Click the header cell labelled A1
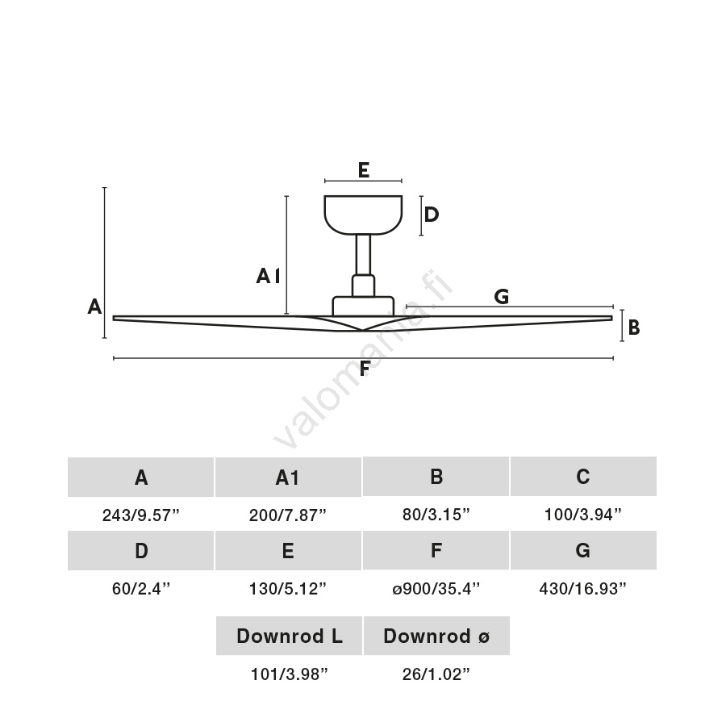(287, 478)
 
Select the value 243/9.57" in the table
(140, 515)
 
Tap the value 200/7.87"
(287, 515)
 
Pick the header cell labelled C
(582, 477)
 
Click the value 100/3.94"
(582, 515)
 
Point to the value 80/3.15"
(436, 515)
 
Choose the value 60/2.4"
(140, 588)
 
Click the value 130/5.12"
(287, 588)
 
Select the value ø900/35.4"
(436, 588)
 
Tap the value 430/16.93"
(582, 588)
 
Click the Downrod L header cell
(289, 636)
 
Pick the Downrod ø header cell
(436, 636)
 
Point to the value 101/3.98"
(289, 674)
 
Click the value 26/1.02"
(436, 674)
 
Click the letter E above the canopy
(363, 170)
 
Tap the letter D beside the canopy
(432, 215)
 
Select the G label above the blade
(501, 297)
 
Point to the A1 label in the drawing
(268, 277)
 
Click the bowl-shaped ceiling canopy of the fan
(363, 214)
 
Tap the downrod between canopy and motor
(363, 254)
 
